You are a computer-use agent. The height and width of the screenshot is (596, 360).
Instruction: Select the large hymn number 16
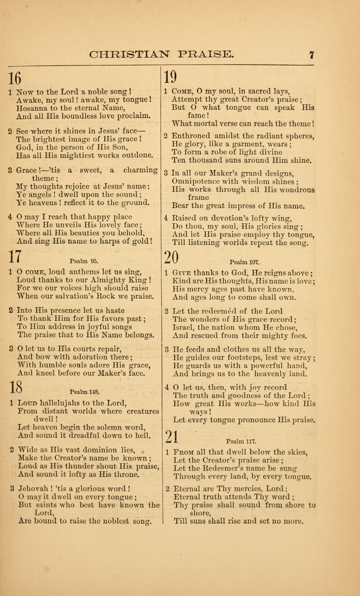tap(15, 78)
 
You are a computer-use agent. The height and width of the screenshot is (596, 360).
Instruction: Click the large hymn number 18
tap(15, 387)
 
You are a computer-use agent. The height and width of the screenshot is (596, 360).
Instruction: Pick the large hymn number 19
tap(170, 77)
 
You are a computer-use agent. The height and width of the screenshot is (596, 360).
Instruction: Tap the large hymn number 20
tap(172, 257)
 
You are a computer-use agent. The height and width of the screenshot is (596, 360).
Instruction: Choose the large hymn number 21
tap(172, 436)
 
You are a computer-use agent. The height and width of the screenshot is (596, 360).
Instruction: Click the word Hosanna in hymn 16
tap(33, 108)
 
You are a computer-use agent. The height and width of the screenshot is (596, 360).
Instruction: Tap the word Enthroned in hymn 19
tap(192, 136)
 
